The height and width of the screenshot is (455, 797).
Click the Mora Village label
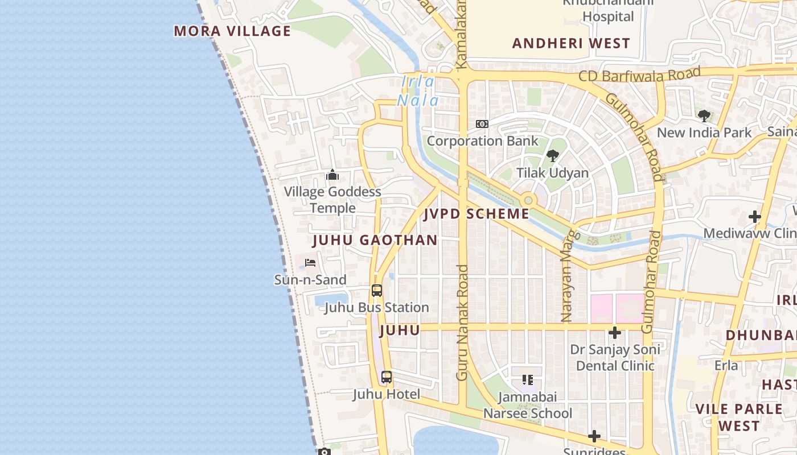(x=232, y=31)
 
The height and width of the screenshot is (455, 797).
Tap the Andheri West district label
(x=571, y=43)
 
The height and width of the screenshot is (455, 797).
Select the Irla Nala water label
(x=418, y=91)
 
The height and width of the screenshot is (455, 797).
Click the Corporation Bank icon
(x=482, y=124)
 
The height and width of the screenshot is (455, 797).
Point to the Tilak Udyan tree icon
(x=552, y=156)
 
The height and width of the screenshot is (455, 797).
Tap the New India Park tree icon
(x=704, y=116)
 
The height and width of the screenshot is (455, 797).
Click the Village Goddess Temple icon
(x=332, y=175)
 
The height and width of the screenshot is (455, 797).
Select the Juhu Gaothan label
(x=375, y=240)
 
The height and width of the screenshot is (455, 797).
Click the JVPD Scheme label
(x=476, y=214)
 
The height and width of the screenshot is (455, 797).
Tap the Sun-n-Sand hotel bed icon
(x=310, y=263)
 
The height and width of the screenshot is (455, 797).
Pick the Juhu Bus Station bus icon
(x=377, y=291)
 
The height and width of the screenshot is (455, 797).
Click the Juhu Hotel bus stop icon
(x=387, y=377)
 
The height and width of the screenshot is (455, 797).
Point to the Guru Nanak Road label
(x=462, y=322)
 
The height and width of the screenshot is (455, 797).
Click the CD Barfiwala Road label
(x=639, y=75)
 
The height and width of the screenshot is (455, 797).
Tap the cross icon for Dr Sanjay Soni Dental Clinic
(x=614, y=333)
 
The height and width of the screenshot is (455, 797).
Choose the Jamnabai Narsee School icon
(x=528, y=379)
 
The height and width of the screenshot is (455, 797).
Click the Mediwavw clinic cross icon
(x=755, y=217)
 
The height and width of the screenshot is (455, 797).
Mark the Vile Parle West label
(x=739, y=417)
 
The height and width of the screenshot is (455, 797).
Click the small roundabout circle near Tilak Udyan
(x=528, y=200)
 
